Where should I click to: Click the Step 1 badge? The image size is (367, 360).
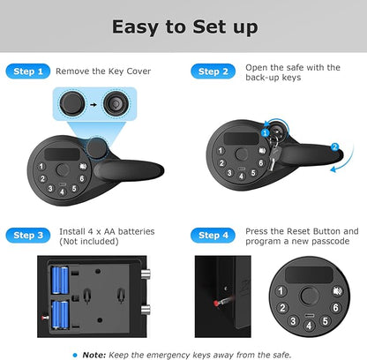pos(28,71)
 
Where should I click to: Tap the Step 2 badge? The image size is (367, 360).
pos(213,71)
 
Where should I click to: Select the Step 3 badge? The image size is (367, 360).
pos(28,236)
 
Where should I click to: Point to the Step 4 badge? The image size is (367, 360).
pos(213,236)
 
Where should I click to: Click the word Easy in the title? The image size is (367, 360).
pos(135,27)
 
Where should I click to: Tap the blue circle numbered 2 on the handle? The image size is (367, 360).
pos(334,146)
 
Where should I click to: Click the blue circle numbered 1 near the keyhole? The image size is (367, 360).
pos(266,133)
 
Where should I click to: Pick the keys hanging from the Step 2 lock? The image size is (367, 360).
pos(273,153)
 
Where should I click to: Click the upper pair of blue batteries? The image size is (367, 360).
pos(60,281)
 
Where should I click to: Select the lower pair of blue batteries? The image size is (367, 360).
pos(60,314)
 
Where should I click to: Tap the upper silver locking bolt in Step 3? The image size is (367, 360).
pos(146,274)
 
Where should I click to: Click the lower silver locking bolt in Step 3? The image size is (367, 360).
pos(146,310)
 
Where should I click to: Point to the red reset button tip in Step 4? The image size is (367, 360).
pos(216,304)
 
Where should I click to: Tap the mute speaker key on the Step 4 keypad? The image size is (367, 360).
pos(337,291)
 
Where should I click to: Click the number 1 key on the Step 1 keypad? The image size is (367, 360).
pos(41,166)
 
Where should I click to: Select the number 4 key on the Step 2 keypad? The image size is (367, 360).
pos(242,176)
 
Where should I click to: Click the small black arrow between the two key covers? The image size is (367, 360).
pos(94,104)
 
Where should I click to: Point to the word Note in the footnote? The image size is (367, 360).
pos(94,355)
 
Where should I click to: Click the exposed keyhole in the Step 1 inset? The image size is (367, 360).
pos(116,104)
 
